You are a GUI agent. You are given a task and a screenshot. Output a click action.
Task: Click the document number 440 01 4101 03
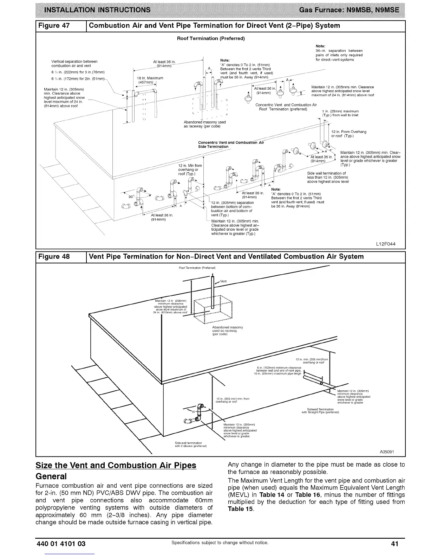(x=61, y=544)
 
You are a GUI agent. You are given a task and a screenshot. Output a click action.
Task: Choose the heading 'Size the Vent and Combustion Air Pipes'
(x=116, y=466)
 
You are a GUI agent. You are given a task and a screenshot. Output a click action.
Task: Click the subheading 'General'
(x=51, y=476)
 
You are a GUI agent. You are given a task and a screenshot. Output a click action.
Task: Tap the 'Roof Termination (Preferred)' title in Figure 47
(x=211, y=38)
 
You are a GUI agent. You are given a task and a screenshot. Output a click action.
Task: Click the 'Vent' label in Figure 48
(x=223, y=281)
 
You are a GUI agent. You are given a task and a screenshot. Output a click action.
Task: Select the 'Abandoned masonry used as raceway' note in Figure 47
(x=205, y=124)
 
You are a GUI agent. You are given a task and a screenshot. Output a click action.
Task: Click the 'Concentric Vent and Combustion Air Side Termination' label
(x=230, y=144)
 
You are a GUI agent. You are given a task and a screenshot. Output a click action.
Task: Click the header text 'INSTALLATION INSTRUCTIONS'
(x=97, y=10)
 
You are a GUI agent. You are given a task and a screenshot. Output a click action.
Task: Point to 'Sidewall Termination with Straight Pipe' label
(x=320, y=411)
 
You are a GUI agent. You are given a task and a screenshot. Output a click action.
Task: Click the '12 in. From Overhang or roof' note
(x=348, y=134)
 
